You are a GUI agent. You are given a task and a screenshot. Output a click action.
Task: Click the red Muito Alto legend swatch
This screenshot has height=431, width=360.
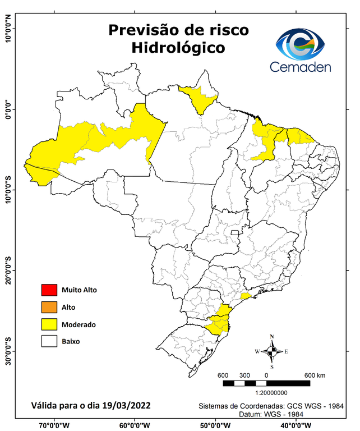49,290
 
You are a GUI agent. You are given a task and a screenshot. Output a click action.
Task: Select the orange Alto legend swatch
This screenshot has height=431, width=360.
49,307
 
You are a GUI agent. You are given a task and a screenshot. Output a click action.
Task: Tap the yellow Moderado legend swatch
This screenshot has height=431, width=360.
49,324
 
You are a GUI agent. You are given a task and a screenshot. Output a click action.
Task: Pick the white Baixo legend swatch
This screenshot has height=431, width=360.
49,341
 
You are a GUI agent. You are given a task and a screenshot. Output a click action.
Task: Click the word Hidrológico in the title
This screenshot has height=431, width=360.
178,48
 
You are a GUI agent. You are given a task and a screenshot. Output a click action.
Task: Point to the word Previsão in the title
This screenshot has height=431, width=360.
142,30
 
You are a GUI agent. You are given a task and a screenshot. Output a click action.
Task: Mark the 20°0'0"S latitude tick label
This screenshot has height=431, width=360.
8,271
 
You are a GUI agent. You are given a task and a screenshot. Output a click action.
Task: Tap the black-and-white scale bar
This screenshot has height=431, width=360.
266,383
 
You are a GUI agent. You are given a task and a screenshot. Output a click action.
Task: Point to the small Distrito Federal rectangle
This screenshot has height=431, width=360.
235,231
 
